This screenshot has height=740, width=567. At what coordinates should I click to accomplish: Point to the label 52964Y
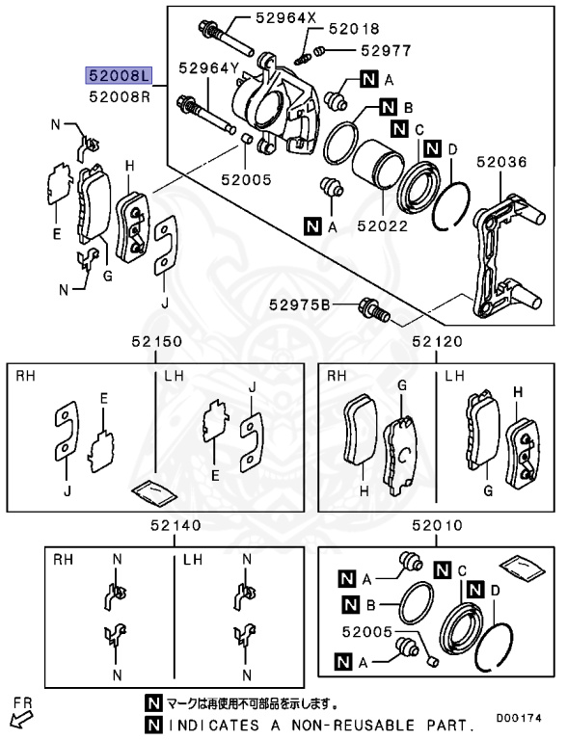pyautogui.click(x=207, y=67)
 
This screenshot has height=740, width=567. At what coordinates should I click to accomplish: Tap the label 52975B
pyautogui.click(x=300, y=304)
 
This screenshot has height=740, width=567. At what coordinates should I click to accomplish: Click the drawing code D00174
pyautogui.click(x=526, y=718)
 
